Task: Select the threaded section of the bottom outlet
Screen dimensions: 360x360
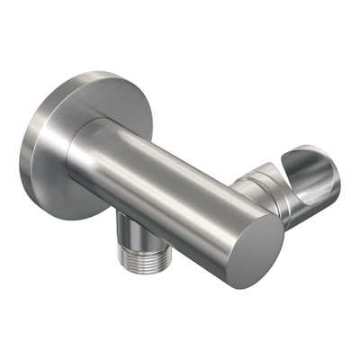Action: click(x=135, y=256)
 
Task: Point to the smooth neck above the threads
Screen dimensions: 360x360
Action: click(x=135, y=231)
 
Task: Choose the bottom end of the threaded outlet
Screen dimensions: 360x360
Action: click(x=135, y=270)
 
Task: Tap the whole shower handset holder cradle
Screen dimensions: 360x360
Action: click(x=297, y=184)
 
